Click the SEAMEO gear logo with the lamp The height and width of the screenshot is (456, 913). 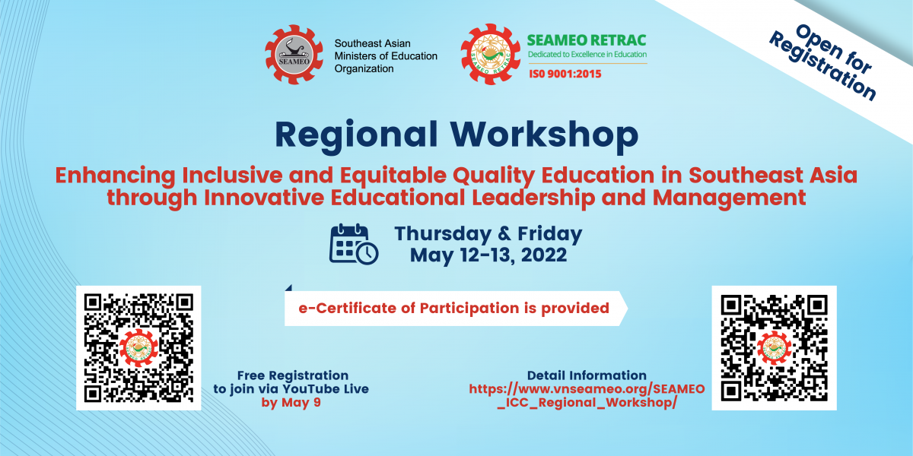294,55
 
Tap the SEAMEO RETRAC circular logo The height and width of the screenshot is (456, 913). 490,54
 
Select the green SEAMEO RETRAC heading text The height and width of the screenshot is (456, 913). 587,40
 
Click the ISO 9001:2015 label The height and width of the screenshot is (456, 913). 565,74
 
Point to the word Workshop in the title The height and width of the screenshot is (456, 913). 544,135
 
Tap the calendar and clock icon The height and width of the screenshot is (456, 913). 354,244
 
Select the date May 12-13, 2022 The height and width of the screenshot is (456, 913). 488,255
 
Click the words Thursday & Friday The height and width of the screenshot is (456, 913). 488,234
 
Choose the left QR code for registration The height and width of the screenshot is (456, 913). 138,348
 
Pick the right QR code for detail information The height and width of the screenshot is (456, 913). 774,348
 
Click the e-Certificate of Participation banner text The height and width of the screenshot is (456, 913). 453,309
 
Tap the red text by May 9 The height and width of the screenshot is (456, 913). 291,402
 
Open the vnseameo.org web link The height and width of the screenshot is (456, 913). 587,396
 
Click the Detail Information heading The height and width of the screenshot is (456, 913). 587,375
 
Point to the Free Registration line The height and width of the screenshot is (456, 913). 293,375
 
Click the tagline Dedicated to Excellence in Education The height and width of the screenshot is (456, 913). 587,54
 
